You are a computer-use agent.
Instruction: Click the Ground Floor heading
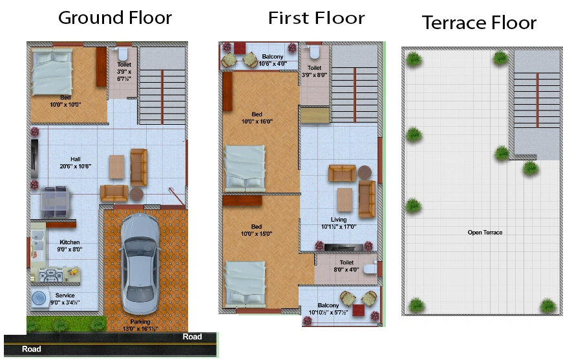point(115,18)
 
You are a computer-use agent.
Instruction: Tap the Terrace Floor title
point(479,23)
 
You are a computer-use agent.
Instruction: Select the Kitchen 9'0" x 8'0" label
point(70,246)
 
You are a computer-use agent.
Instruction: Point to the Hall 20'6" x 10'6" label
point(76,163)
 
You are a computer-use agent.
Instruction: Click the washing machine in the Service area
point(39,299)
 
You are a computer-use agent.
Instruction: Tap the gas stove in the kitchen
point(50,275)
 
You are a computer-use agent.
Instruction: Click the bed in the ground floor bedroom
point(52,72)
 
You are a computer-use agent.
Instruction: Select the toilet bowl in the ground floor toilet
point(123,54)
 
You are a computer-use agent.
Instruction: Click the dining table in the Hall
point(55,202)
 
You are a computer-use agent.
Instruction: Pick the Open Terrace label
point(485,232)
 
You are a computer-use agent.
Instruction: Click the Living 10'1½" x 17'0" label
point(339,223)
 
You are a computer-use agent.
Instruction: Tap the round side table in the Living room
point(365,172)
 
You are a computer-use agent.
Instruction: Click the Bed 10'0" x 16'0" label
point(257,118)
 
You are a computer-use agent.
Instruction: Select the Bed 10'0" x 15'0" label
point(257,230)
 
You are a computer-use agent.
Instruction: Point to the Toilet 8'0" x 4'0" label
point(346,266)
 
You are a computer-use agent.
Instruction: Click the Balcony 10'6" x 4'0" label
point(273,60)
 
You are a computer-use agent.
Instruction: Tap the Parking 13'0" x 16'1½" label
point(140,325)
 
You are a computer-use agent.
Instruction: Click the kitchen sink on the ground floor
point(37,240)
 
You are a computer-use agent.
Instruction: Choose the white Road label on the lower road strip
point(32,349)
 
